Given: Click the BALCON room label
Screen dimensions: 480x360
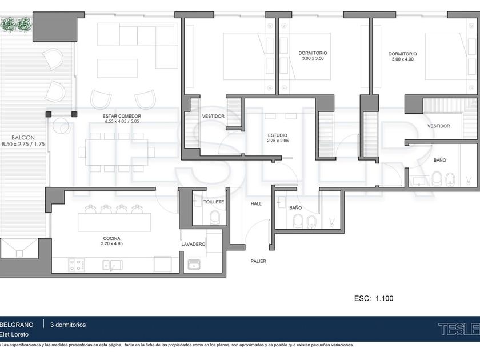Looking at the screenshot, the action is point(23,138).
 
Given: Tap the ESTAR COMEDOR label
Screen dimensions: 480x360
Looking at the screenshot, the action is point(122,117).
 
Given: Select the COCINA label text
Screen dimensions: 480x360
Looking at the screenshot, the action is point(112,238).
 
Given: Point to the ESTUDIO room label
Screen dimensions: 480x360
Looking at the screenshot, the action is point(278,135).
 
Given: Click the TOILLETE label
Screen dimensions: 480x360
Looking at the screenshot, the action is point(214,202).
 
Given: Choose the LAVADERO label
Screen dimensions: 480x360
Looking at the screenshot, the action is point(193,245).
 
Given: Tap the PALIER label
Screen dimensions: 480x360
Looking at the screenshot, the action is point(258,261).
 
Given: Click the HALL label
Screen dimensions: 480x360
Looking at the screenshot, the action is point(256,204).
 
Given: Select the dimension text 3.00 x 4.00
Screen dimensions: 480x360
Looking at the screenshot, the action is point(402,59).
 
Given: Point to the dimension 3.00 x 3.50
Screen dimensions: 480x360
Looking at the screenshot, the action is point(313,58).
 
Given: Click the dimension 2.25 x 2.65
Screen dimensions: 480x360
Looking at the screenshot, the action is point(278,141).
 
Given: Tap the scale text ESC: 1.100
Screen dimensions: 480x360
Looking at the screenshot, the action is point(374,298).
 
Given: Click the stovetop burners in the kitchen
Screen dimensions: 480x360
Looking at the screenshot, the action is point(76,265).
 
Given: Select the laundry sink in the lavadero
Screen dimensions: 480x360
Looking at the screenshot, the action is point(194,265).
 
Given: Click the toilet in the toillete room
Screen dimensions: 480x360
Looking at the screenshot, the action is point(215,217).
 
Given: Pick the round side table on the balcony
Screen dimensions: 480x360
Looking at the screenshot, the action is point(61,126).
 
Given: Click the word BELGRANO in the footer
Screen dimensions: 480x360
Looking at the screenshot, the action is point(17,325).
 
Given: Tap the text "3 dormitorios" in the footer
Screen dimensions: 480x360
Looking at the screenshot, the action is point(68,325).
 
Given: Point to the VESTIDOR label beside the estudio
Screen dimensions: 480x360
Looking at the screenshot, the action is point(213,117).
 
